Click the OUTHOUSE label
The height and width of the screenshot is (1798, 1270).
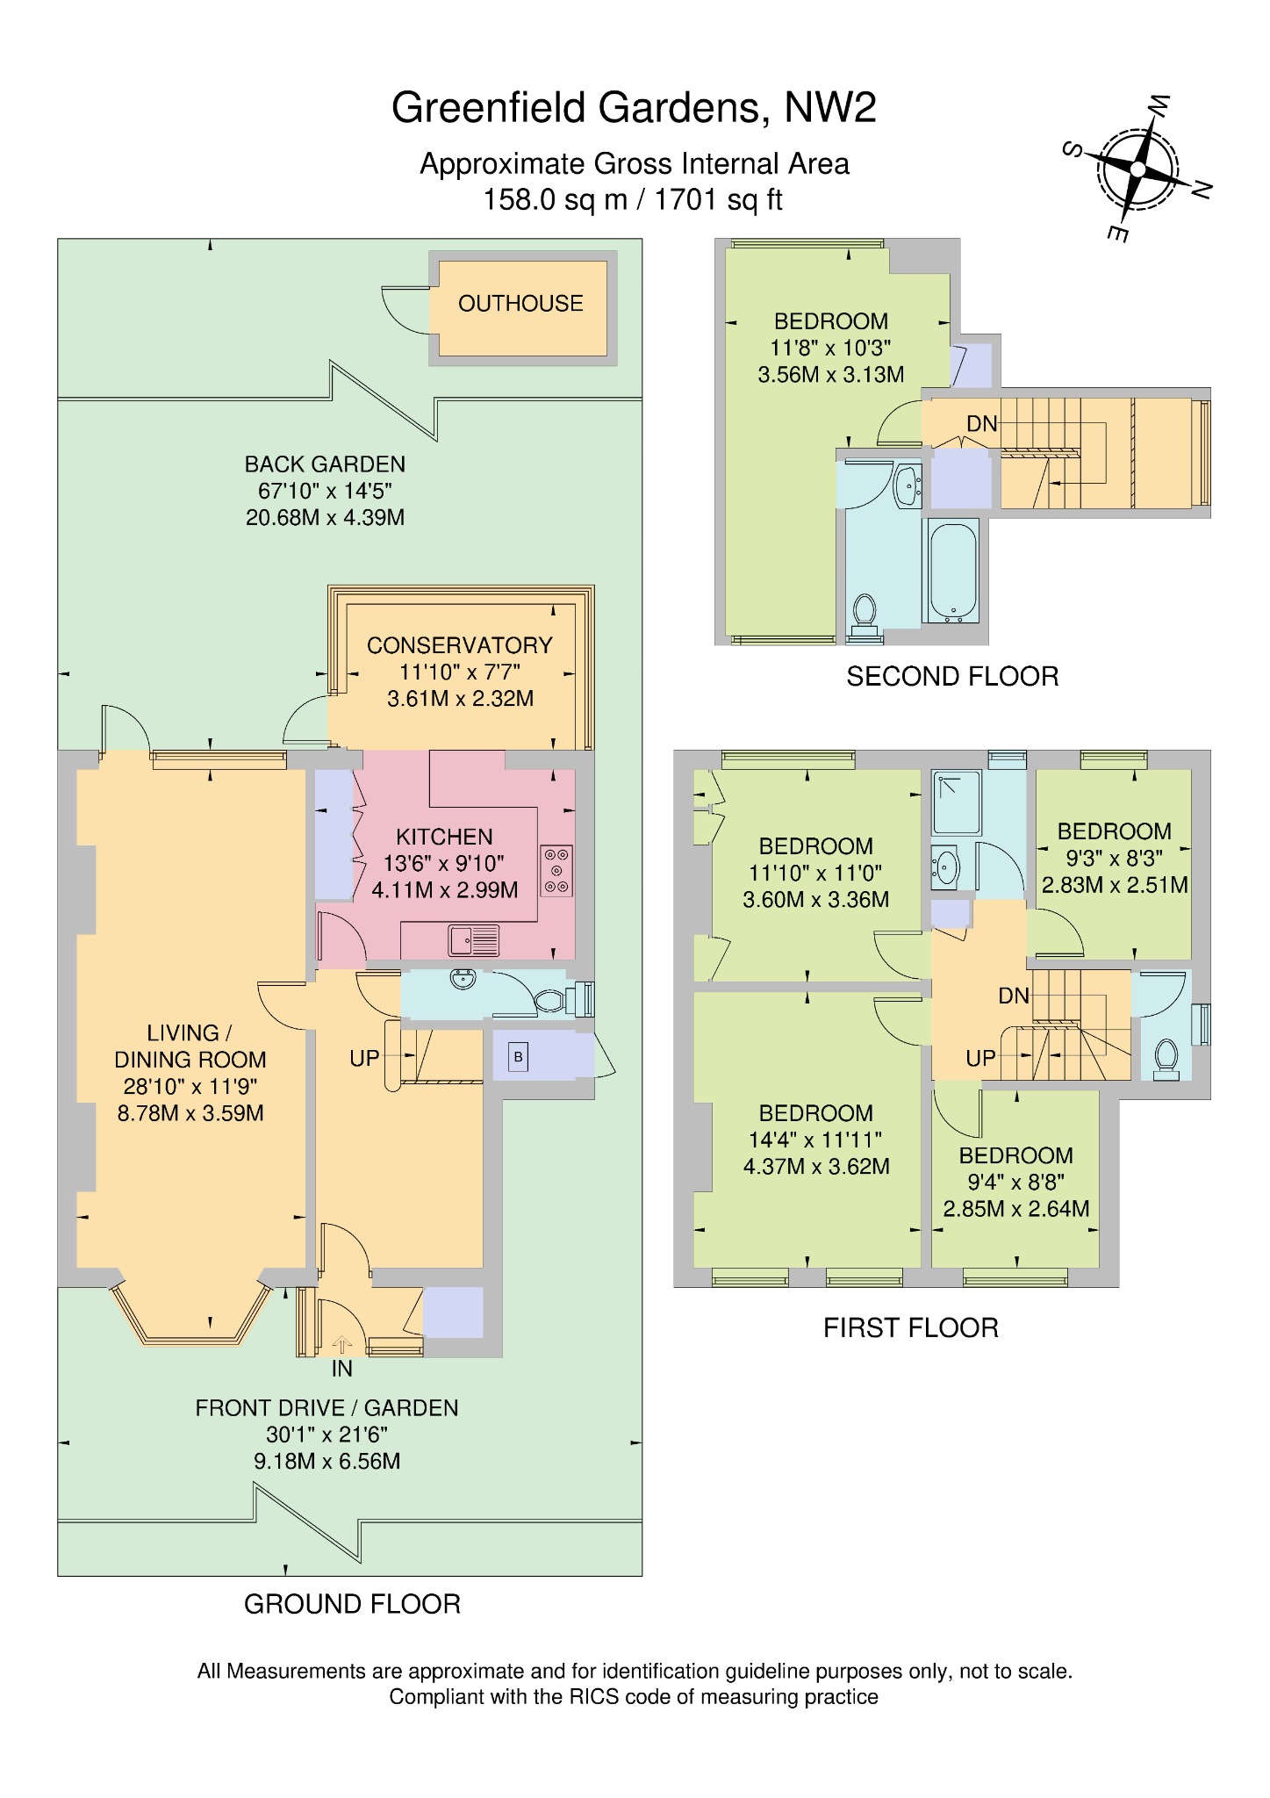coord(520,304)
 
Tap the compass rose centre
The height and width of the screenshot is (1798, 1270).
coord(1137,169)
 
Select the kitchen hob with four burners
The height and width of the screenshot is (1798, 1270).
coord(556,870)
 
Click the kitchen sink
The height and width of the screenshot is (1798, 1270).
coord(475,940)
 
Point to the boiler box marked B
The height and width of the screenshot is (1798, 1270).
coord(518,1057)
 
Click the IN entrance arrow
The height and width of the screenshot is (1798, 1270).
coord(342,1344)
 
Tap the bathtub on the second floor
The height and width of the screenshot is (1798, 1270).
coord(951,572)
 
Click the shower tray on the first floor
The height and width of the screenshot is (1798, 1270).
coord(957,802)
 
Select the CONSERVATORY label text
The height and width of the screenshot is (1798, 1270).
coord(459,645)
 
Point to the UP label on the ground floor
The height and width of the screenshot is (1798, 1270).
coord(364,1059)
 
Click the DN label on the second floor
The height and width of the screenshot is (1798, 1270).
coord(982,424)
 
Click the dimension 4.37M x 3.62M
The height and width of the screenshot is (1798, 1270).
coord(816,1166)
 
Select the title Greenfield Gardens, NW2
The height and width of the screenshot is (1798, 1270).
coord(634,108)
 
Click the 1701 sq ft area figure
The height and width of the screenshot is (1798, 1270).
coord(718,200)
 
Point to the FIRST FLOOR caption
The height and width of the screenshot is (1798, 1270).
coord(910,1327)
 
